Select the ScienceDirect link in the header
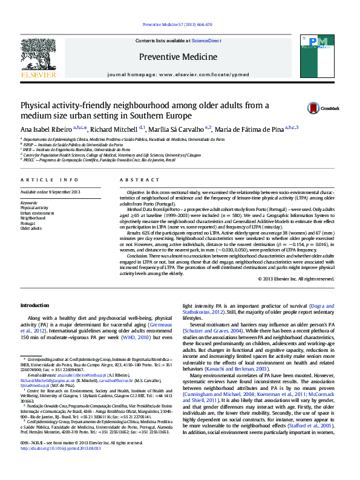tap(206, 41)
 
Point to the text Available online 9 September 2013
tap(50, 192)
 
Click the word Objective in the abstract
tap(136, 192)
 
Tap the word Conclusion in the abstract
tap(137, 256)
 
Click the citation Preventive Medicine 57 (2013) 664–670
tap(177, 25)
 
